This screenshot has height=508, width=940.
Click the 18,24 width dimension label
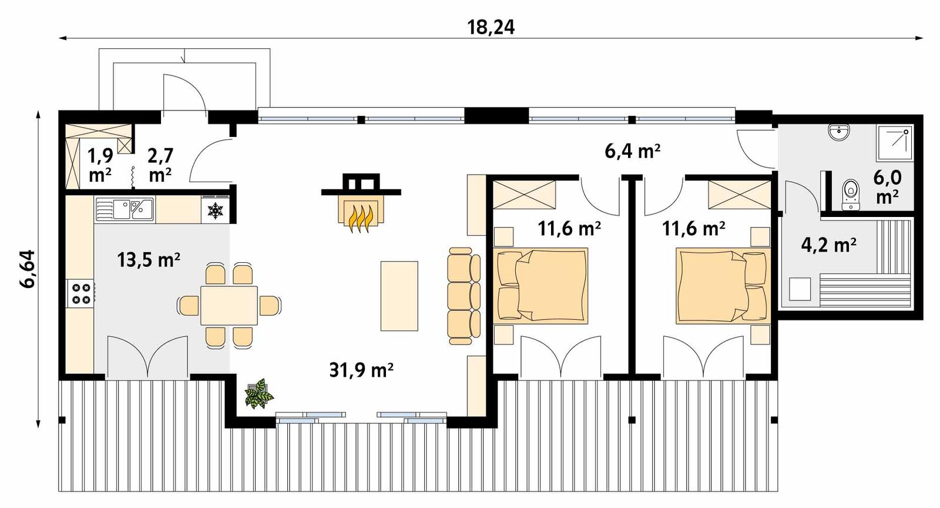tap(491, 26)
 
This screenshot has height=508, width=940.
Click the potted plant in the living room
tap(258, 394)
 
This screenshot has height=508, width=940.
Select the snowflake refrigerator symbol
tap(216, 210)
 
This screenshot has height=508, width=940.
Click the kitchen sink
tap(125, 209)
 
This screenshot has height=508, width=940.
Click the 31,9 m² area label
tap(361, 370)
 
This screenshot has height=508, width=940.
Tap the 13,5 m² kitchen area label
tap(148, 259)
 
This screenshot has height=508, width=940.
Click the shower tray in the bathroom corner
tap(895, 143)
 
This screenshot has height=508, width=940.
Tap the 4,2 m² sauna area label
tap(828, 244)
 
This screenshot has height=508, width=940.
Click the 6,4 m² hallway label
tap(632, 151)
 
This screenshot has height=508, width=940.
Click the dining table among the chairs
tap(229, 305)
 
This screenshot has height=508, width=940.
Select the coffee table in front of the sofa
tap(399, 296)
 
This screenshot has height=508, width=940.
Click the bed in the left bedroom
tap(542, 286)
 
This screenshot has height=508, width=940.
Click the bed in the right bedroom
tap(721, 286)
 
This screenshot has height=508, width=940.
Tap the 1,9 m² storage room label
tap(100, 165)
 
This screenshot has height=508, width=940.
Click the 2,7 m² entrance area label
tap(160, 165)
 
